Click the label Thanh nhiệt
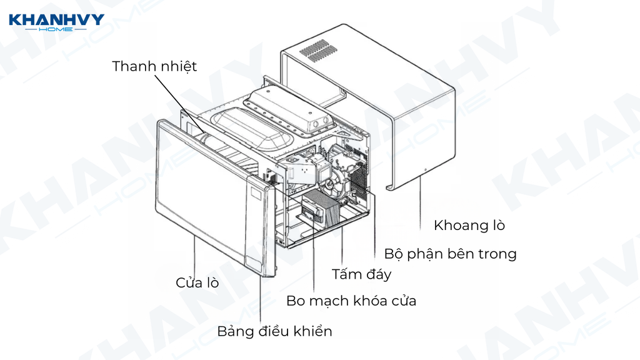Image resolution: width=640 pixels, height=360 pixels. coord(154,66)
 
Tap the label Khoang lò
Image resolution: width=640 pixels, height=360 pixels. coord(469,225)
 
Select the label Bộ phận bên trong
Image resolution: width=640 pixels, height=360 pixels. coord(450,254)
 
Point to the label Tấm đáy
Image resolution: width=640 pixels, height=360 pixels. coord(361,274)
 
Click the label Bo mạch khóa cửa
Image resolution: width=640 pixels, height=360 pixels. coord(351,301)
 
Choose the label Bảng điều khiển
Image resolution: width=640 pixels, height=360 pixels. coord(274,331)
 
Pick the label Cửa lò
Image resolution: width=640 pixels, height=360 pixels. coord(197,282)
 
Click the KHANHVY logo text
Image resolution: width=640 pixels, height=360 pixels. coord(56,21)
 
